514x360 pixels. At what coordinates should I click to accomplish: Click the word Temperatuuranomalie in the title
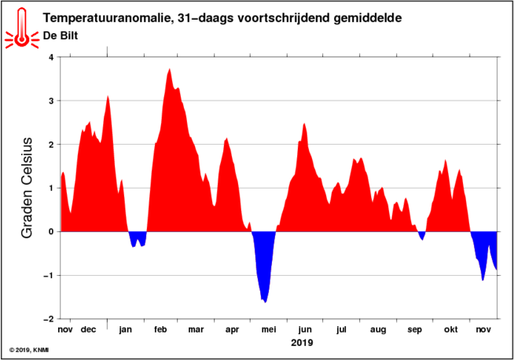click(x=105, y=18)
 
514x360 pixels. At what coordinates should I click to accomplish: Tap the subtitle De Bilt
click(x=61, y=35)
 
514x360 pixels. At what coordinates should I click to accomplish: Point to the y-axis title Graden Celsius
click(x=27, y=188)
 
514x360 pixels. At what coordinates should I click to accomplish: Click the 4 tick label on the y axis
click(x=50, y=57)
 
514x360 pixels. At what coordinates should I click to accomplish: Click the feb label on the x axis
click(x=160, y=329)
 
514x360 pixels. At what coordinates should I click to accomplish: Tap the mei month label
click(x=269, y=329)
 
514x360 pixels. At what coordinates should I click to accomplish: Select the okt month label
click(x=451, y=329)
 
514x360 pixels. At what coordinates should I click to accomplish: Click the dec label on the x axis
click(x=88, y=329)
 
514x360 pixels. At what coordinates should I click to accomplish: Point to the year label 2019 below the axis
click(x=302, y=343)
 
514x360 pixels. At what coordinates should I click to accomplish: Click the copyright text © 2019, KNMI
click(x=29, y=350)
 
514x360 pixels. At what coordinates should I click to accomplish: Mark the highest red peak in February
click(x=170, y=69)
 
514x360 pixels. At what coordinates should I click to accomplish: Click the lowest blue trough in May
click(x=265, y=302)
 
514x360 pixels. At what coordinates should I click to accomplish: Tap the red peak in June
click(x=304, y=123)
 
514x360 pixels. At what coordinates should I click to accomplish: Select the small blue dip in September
click(x=422, y=240)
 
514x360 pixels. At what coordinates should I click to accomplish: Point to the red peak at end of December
click(x=108, y=96)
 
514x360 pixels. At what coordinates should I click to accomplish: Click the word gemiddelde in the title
click(x=368, y=18)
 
